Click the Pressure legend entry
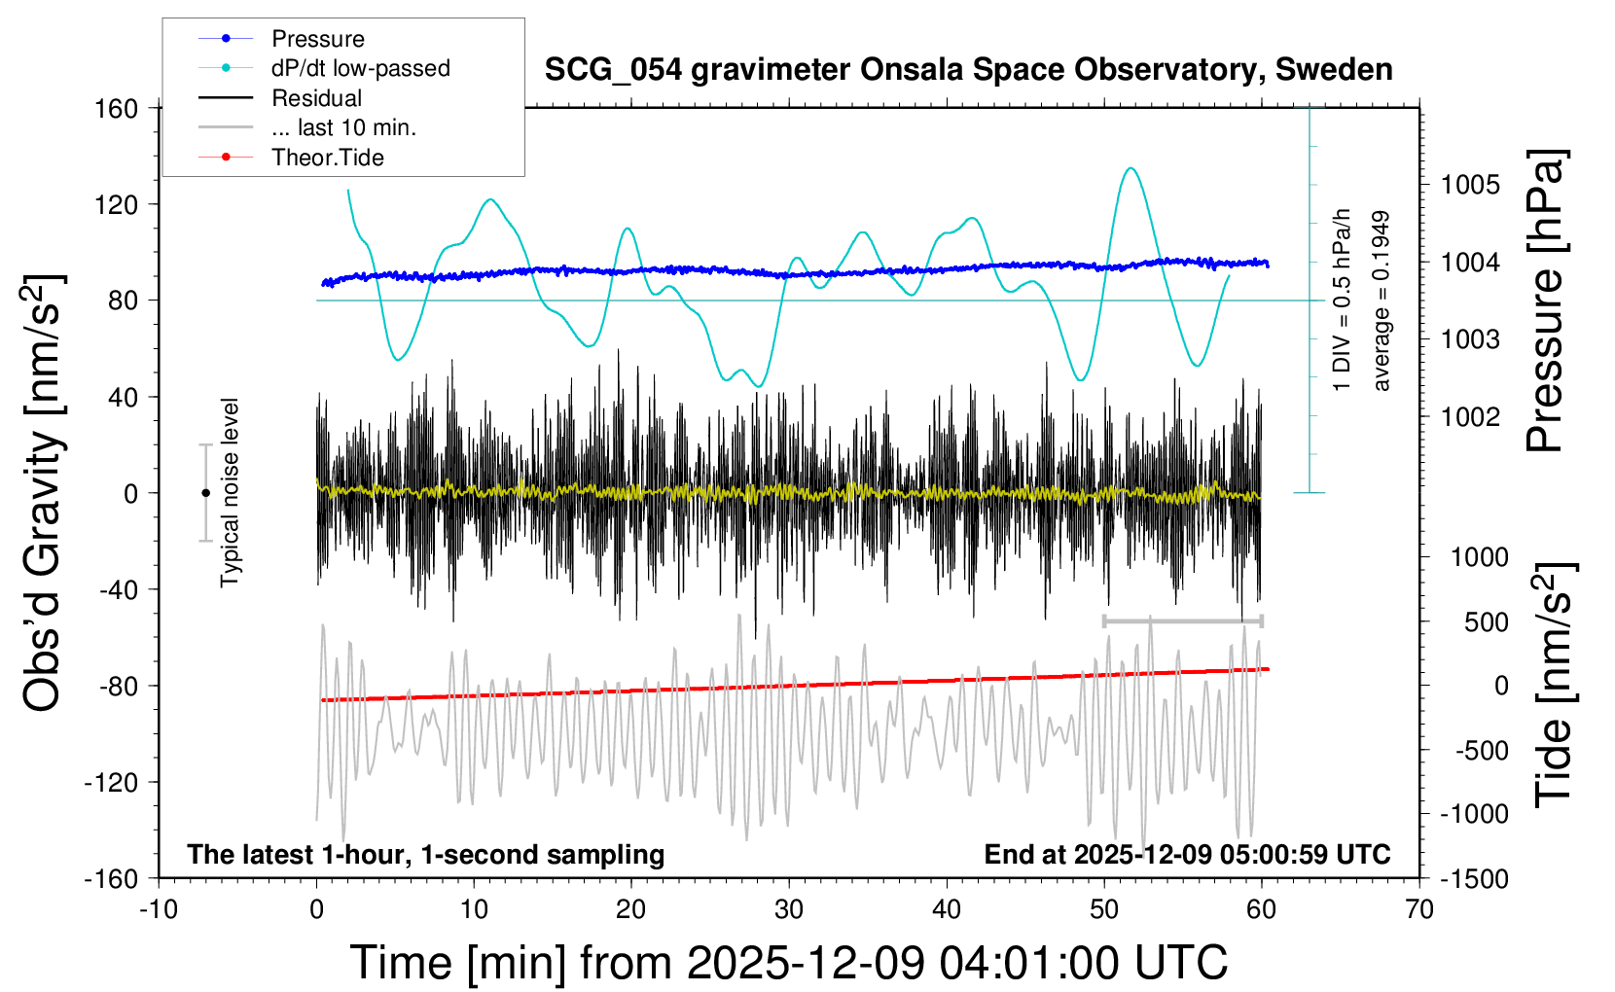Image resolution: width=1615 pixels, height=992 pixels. pos(317,39)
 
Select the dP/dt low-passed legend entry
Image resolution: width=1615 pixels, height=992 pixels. pos(360,68)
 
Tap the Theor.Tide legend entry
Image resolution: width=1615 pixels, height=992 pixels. pos(327,158)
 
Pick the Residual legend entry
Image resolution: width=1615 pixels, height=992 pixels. pos(316,98)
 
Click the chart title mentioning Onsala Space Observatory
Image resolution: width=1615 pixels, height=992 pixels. pos(968,70)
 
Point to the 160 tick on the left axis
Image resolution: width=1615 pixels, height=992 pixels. pos(117,108)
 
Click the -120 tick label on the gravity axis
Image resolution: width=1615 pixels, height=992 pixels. pos(111,782)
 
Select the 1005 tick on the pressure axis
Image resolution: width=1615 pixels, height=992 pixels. pos(1471,185)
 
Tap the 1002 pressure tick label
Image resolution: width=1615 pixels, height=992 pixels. pos(1471,417)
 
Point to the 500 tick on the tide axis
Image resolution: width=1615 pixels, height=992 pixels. pos(1487,622)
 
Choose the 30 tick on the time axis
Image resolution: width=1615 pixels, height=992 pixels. pos(789,910)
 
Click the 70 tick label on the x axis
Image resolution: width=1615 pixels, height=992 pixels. pos(1419,910)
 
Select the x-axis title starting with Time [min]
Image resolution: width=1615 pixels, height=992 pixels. pos(789,963)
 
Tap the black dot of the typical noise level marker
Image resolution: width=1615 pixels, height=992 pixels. pos(205,493)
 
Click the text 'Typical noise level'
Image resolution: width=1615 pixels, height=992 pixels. pos(230,493)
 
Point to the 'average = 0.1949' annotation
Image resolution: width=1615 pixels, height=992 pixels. pos(1382,301)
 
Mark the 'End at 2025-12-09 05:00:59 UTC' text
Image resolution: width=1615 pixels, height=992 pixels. pos(1187,855)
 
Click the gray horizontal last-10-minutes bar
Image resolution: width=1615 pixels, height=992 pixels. pos(1182,620)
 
